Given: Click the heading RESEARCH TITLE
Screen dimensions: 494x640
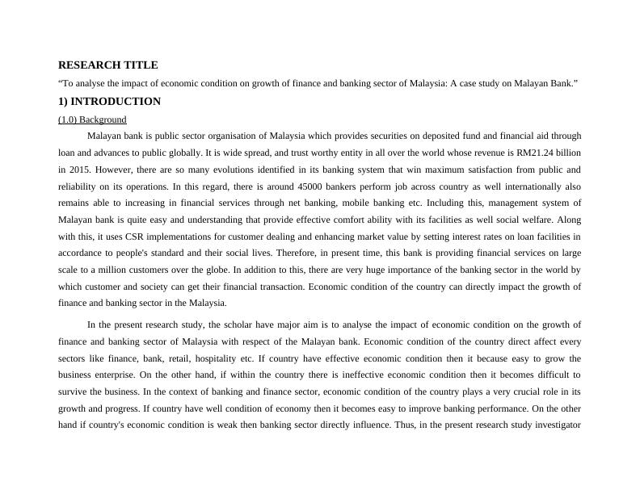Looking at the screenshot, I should click(x=108, y=65).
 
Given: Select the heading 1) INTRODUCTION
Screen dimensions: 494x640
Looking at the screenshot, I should click(x=109, y=102).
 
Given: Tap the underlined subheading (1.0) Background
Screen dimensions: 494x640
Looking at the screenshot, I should click(x=92, y=119).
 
